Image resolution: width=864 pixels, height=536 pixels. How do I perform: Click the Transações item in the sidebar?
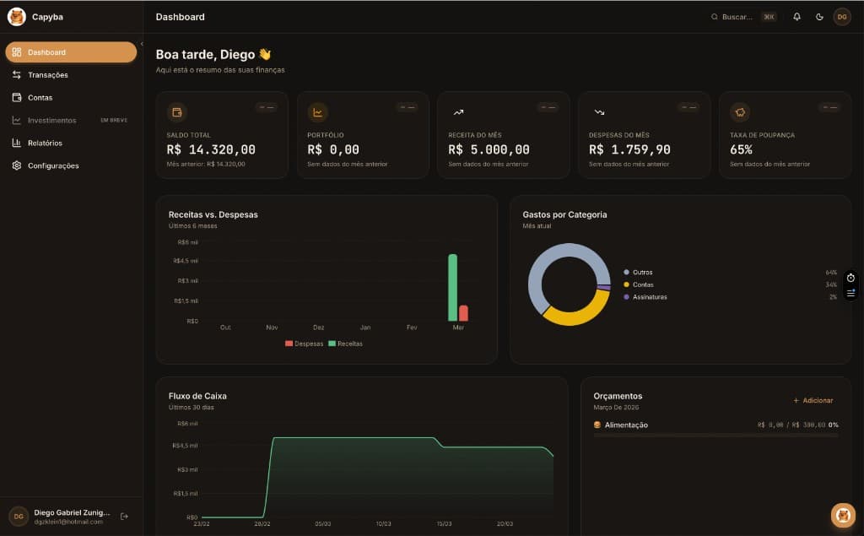click(x=47, y=75)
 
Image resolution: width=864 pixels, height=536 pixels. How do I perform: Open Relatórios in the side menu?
click(x=45, y=143)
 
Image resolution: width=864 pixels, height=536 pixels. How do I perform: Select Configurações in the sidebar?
click(x=52, y=165)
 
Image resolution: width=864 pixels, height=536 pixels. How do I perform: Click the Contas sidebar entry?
click(x=40, y=98)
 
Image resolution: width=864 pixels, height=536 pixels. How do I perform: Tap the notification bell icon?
click(x=796, y=17)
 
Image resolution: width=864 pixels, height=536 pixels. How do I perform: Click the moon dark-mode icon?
click(x=819, y=17)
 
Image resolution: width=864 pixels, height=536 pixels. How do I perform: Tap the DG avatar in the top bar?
click(x=841, y=17)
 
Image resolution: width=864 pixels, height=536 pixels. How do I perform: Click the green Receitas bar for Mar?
click(x=452, y=287)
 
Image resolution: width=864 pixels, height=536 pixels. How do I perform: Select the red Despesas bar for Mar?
click(x=463, y=313)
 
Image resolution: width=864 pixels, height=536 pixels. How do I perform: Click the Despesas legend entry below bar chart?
click(x=305, y=344)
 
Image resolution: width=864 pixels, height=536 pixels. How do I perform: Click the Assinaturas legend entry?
click(x=649, y=297)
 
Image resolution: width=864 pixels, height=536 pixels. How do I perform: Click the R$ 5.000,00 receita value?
click(x=489, y=149)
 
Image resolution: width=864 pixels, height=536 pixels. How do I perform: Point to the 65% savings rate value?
click(x=741, y=149)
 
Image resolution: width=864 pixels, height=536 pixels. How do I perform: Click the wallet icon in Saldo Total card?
click(x=177, y=112)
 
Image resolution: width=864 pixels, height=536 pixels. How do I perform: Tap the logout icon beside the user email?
click(x=124, y=516)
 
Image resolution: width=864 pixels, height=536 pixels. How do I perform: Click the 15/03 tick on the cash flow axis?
click(x=444, y=524)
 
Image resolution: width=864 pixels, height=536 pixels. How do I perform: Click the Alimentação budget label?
click(x=626, y=425)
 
